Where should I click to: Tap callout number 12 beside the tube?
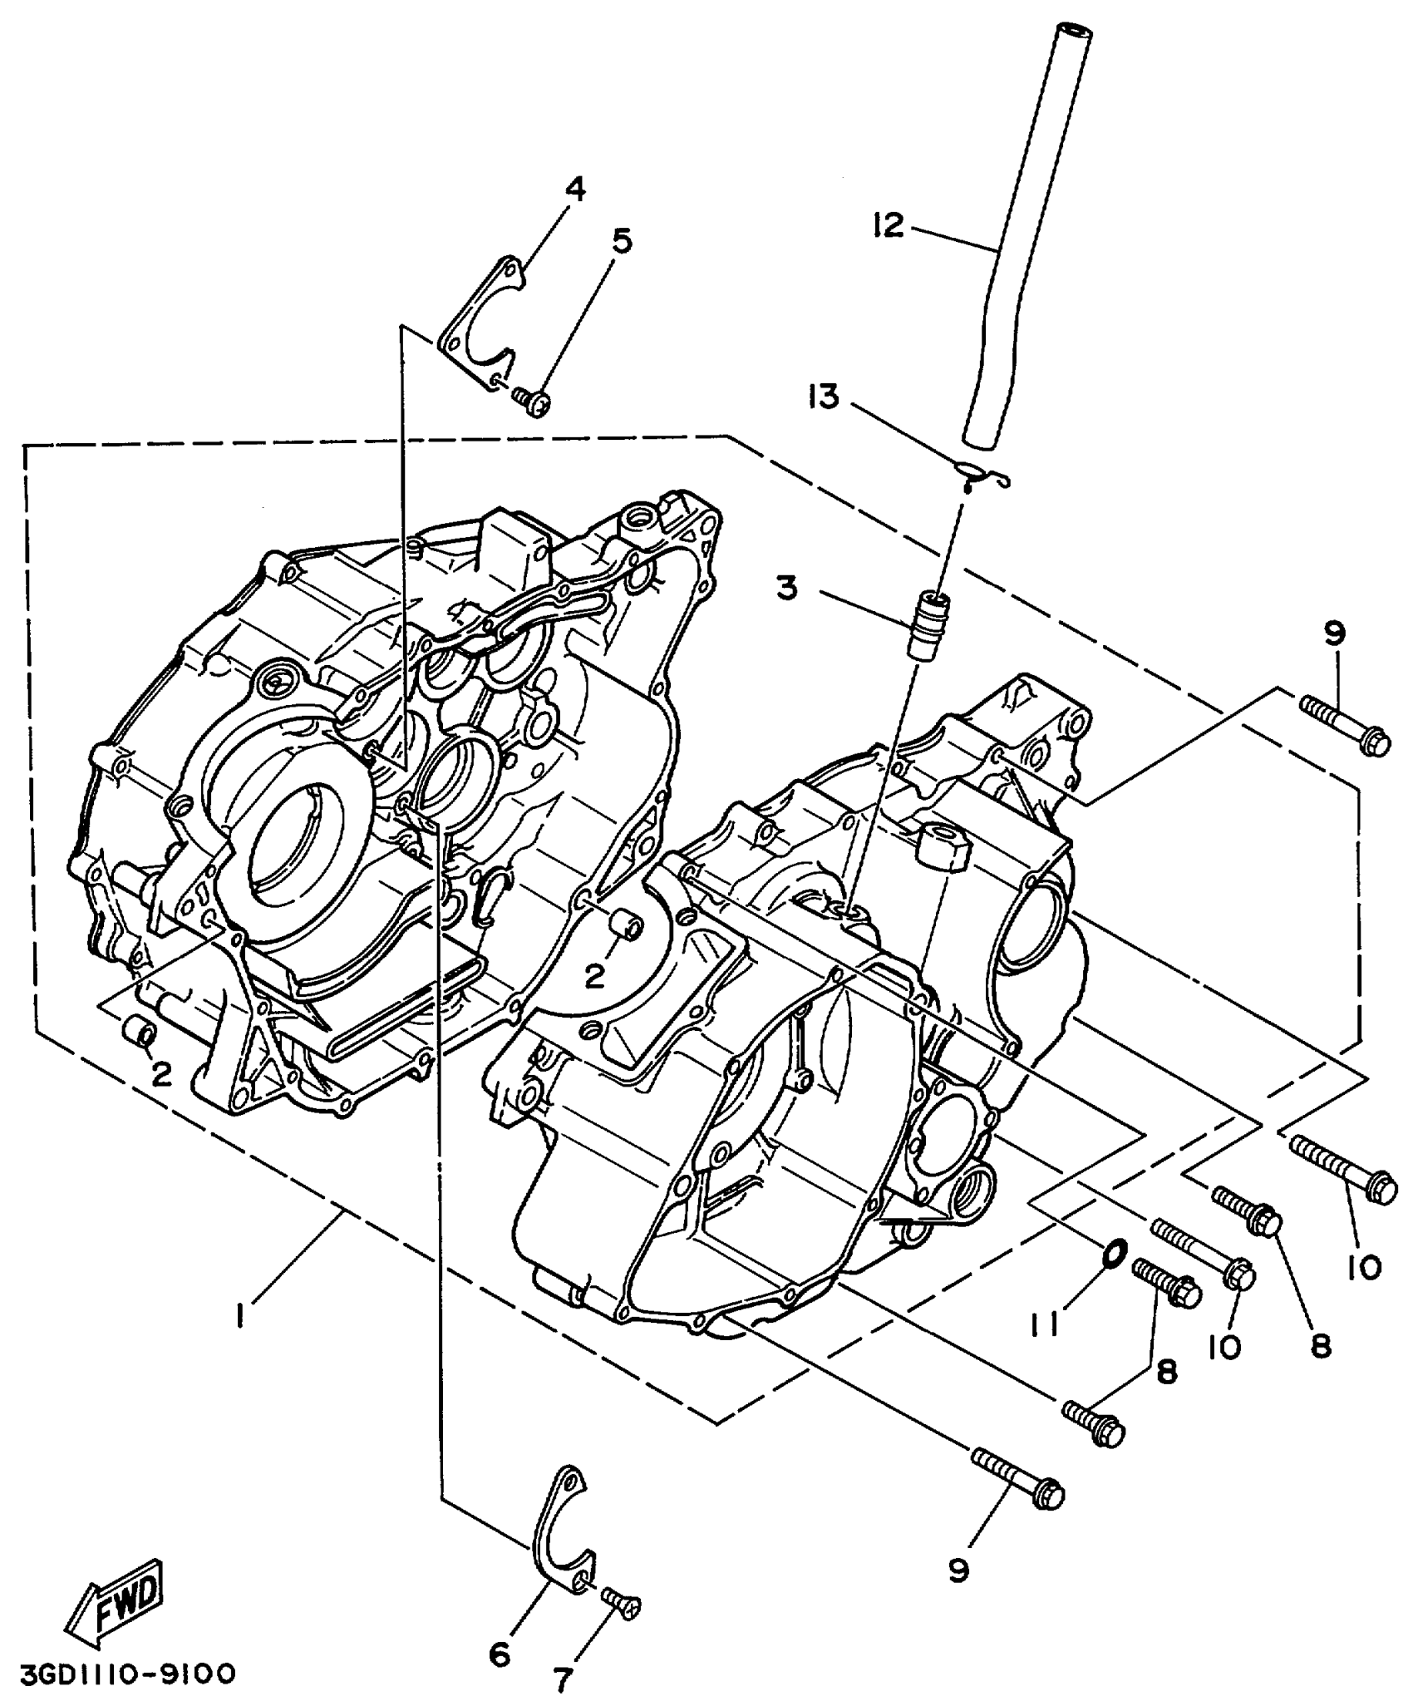pos(888,225)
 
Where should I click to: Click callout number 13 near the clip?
pos(825,397)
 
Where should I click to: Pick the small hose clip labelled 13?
pos(982,475)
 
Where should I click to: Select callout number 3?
pos(786,589)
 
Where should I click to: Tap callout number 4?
pos(574,190)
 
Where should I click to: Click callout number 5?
pos(621,242)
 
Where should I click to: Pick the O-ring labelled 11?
pos(1115,1251)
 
